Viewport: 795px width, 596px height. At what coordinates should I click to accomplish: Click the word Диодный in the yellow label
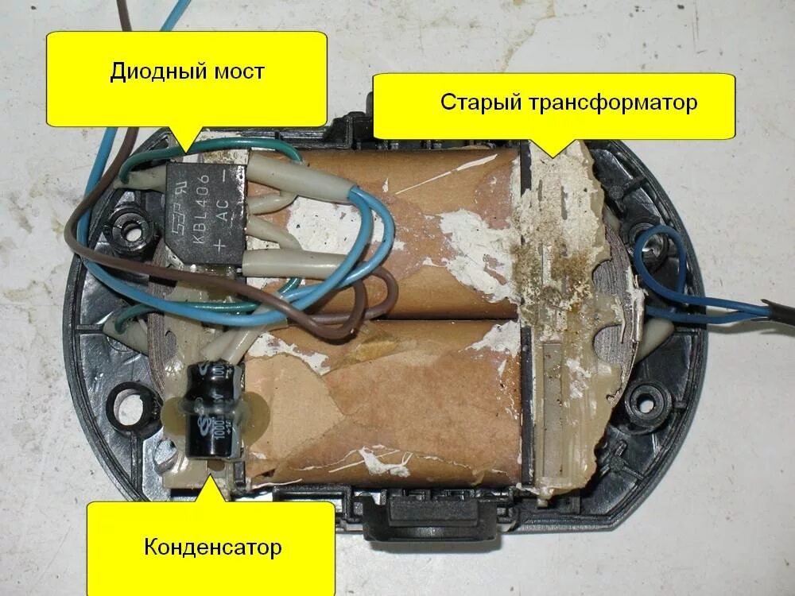point(150,72)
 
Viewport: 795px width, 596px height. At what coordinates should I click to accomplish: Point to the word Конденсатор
point(212,548)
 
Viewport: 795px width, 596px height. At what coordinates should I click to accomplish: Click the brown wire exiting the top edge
point(118,16)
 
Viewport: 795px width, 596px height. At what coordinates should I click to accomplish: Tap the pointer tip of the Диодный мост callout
point(184,151)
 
